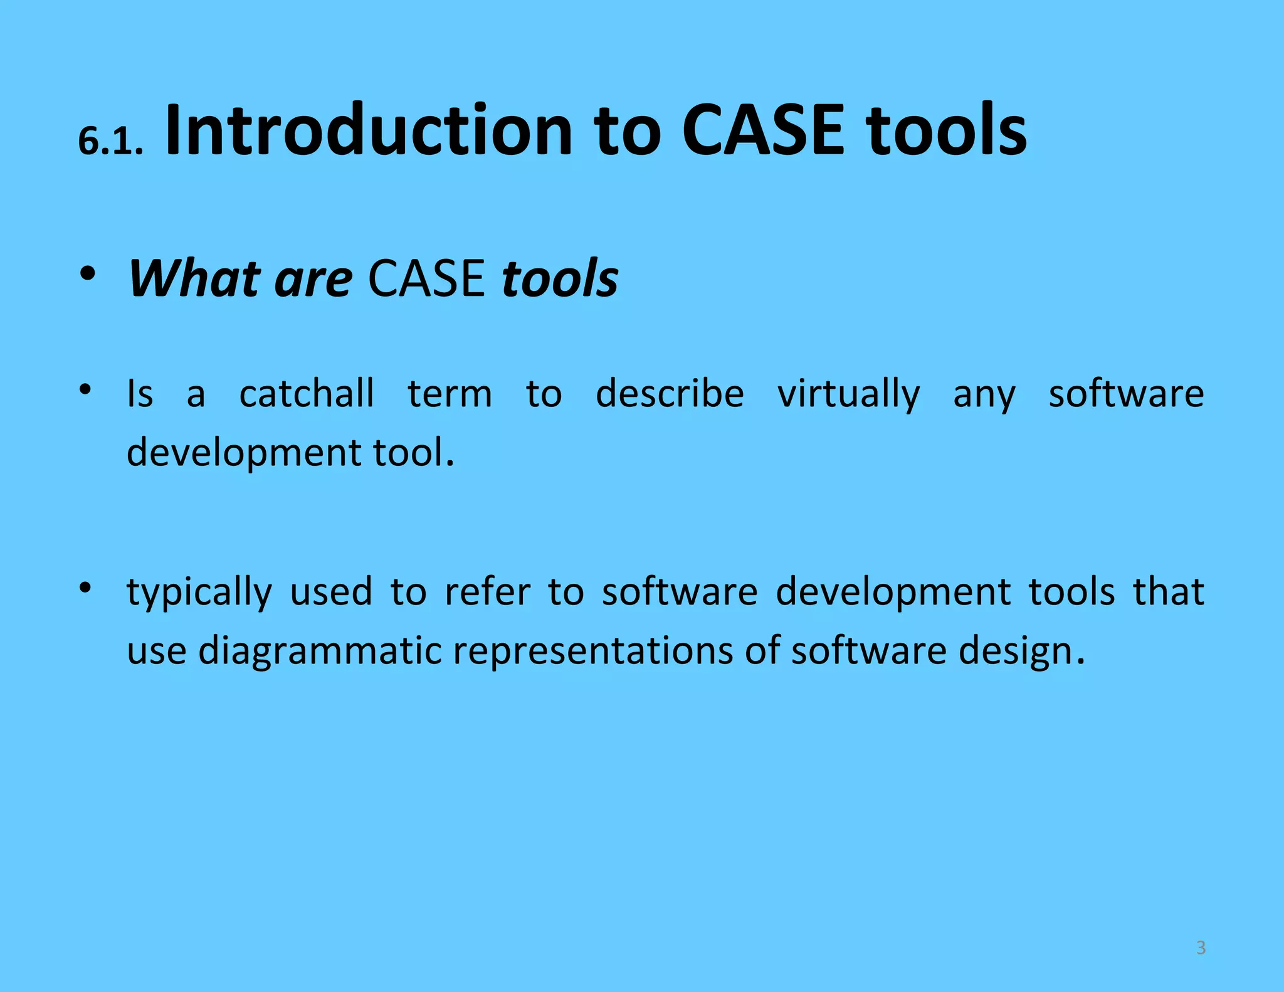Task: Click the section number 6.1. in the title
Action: pos(111,141)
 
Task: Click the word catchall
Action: pos(307,394)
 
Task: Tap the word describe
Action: pos(670,394)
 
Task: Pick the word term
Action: pos(450,394)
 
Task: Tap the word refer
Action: pos(487,592)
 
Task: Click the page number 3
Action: pos(1201,947)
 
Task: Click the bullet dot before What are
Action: pos(87,274)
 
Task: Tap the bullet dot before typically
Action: pos(86,588)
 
